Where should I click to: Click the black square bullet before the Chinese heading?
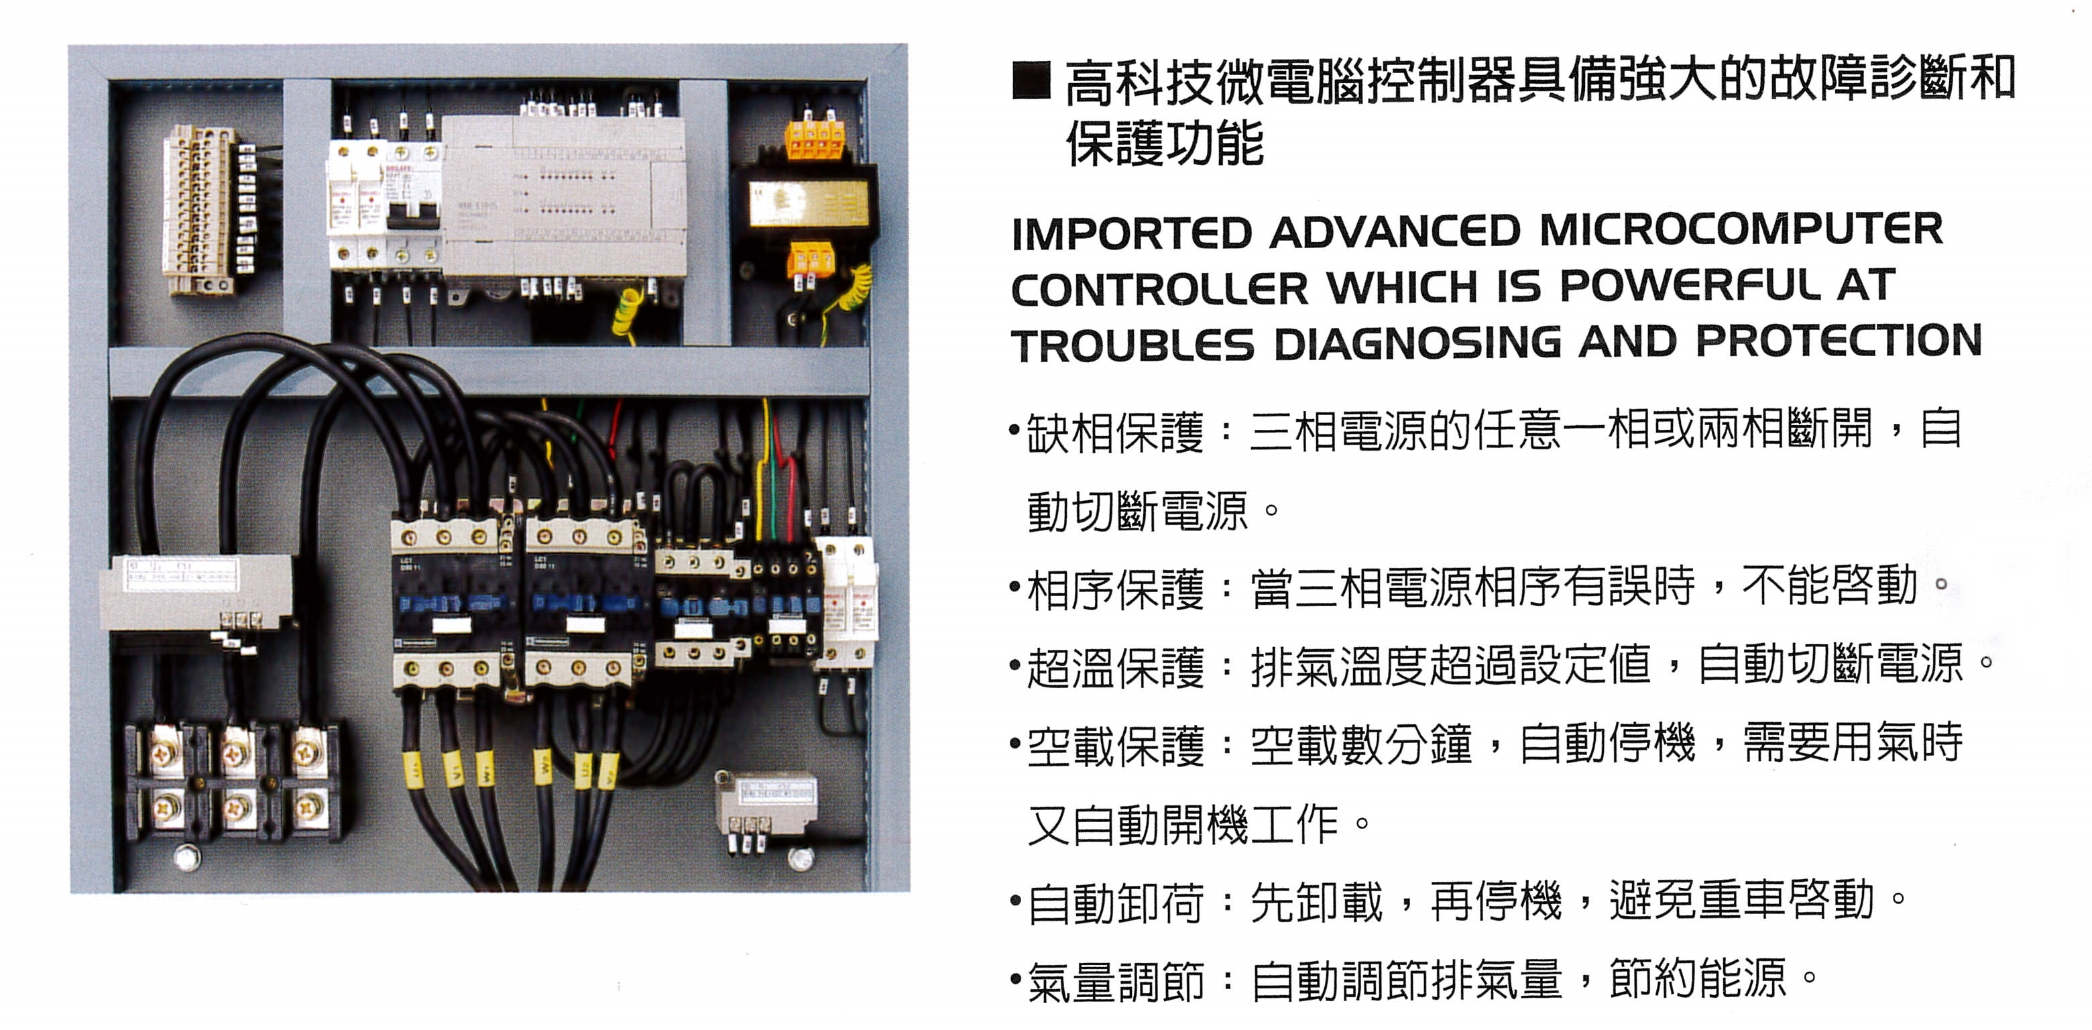(x=1031, y=80)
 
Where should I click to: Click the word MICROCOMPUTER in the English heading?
(x=1741, y=230)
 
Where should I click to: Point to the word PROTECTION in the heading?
(x=1839, y=341)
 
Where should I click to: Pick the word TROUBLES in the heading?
(x=1133, y=345)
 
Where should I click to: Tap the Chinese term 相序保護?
(x=1115, y=589)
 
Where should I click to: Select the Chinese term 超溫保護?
(x=1115, y=668)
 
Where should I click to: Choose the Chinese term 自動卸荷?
(x=1115, y=903)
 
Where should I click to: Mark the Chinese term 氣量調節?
(x=1115, y=981)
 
